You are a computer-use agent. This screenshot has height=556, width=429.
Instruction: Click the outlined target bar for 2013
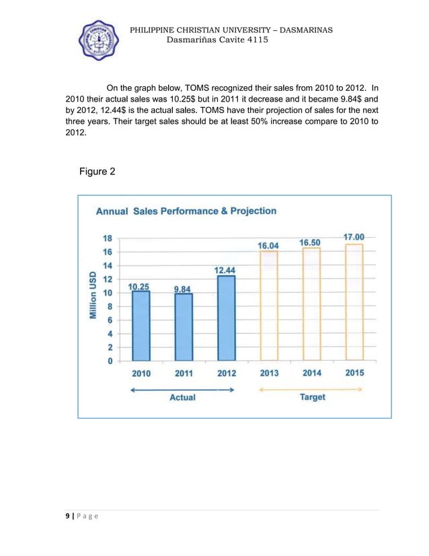point(268,306)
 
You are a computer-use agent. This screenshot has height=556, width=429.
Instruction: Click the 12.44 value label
point(225,270)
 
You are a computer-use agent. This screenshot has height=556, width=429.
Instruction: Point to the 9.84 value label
point(182,289)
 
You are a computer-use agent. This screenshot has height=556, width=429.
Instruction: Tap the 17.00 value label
point(354,237)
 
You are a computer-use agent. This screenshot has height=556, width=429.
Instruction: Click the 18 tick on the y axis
point(106,238)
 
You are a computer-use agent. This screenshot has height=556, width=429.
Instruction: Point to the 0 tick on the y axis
point(110,361)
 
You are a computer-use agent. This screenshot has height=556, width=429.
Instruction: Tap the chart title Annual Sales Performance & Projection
point(186,211)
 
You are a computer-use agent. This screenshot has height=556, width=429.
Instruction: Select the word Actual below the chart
point(182,397)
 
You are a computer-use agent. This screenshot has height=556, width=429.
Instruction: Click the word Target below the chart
point(312,397)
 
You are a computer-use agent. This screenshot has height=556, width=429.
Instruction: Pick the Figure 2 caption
point(97,172)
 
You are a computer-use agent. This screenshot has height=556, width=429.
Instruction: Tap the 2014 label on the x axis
point(311,374)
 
